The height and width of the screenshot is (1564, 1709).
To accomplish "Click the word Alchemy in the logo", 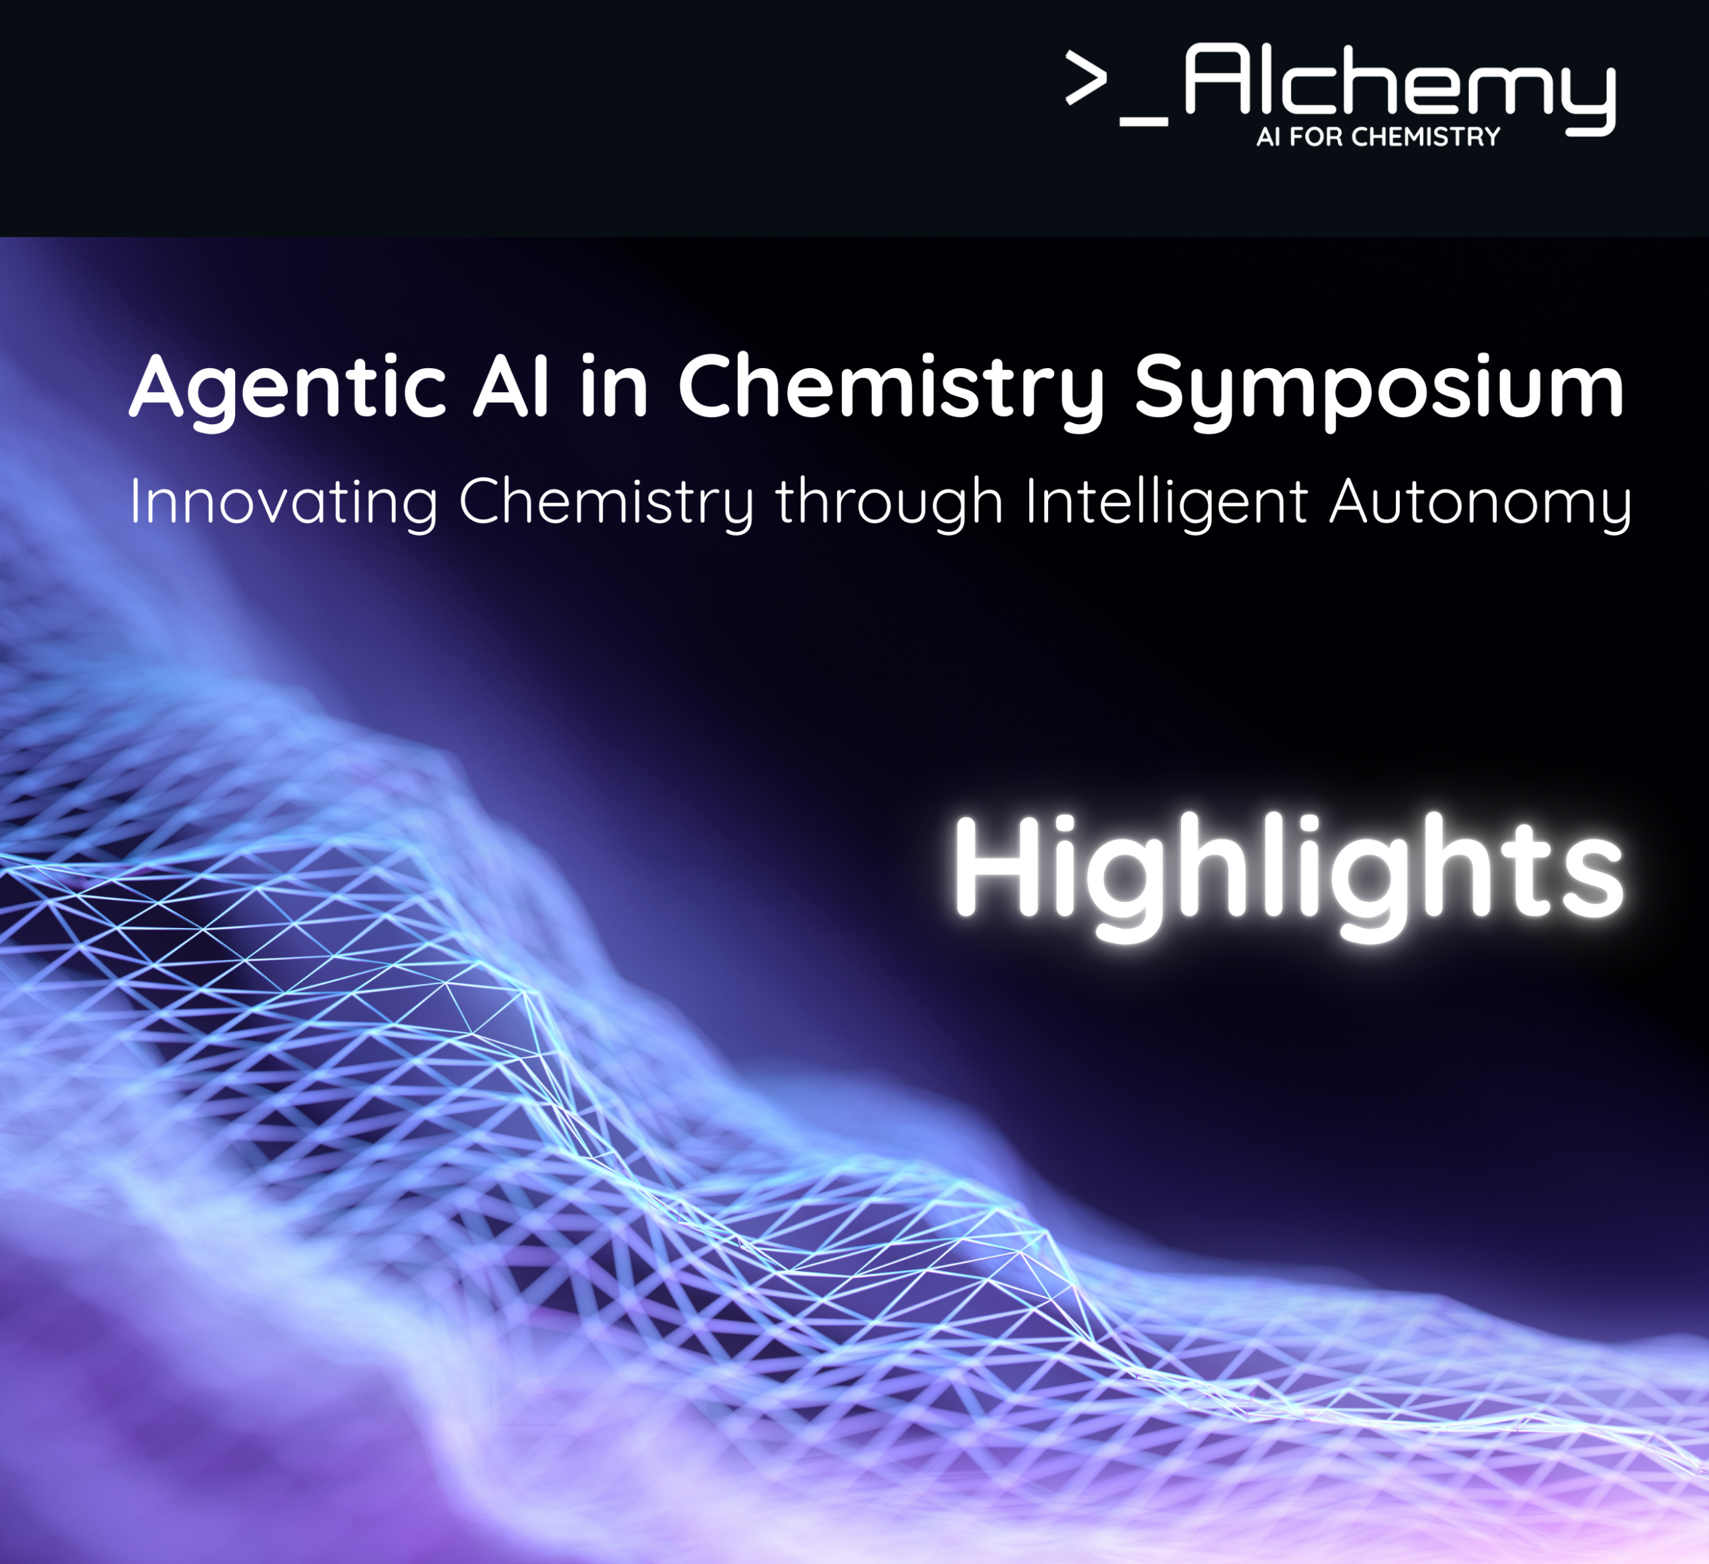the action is (1400, 88).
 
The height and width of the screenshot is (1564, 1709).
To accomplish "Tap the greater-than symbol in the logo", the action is (1087, 78).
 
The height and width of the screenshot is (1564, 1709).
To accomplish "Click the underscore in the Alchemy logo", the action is (1144, 122).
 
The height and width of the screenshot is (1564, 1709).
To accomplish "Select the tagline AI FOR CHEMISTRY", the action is (1379, 136).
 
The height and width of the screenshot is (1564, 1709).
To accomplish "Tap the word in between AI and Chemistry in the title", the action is (615, 386).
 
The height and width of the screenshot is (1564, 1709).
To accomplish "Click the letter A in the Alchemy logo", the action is (1216, 78).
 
